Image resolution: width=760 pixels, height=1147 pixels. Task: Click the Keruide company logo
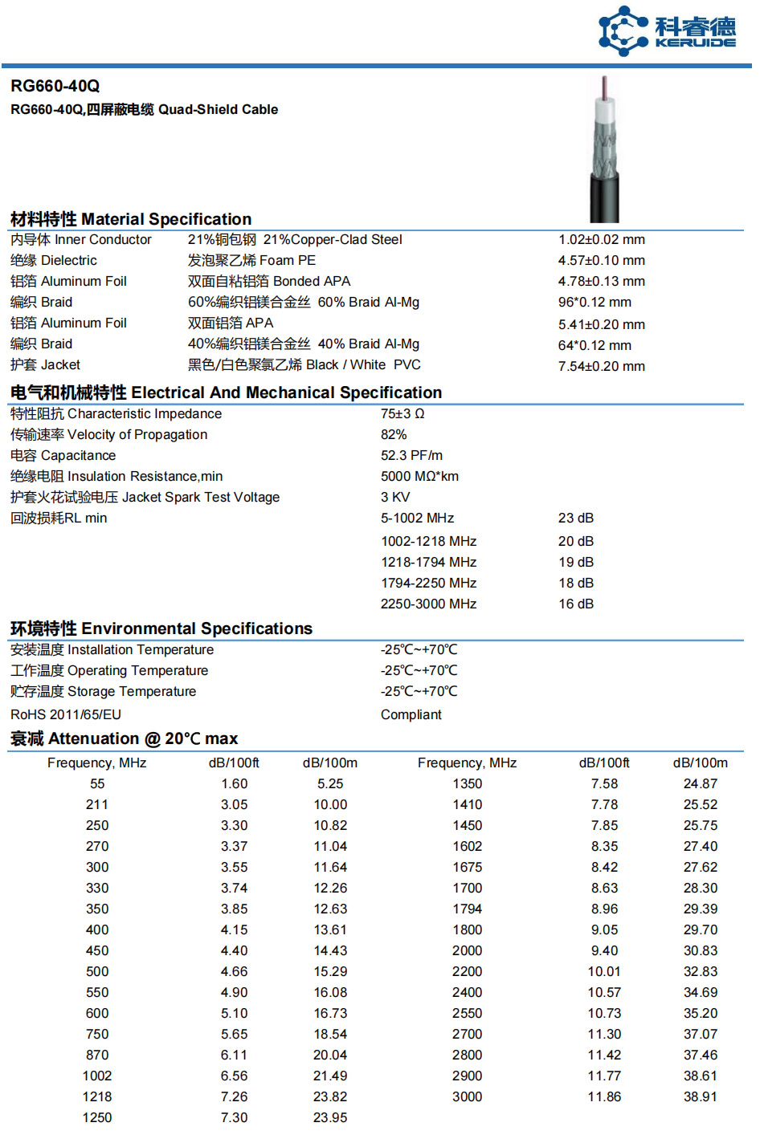(x=666, y=31)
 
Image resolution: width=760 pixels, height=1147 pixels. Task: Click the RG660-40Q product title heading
(x=55, y=86)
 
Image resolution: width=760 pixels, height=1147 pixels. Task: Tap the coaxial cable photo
(x=604, y=150)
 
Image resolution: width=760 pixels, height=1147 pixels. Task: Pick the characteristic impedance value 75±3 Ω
(x=402, y=413)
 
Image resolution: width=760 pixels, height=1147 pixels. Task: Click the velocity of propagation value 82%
(x=394, y=434)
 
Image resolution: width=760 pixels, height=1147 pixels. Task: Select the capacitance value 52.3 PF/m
(x=411, y=455)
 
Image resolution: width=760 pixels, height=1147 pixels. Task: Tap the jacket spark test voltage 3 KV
(x=395, y=497)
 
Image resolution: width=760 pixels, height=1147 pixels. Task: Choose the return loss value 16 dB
(x=576, y=604)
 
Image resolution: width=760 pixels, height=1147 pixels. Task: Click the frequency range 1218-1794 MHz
(x=428, y=562)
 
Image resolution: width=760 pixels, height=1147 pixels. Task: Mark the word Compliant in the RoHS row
(x=411, y=714)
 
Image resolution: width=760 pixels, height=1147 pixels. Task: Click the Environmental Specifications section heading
(x=161, y=628)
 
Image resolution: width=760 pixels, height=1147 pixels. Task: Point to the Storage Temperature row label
(x=103, y=691)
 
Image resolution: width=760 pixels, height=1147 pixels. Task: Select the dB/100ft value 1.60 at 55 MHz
(x=234, y=783)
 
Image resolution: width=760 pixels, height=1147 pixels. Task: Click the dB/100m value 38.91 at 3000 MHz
(x=700, y=1096)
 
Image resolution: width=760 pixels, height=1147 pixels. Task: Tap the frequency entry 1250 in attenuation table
(x=97, y=1117)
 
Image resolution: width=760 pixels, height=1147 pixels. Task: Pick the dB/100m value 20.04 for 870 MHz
(x=330, y=1055)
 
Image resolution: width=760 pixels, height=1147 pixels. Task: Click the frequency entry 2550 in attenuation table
(x=467, y=1013)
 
